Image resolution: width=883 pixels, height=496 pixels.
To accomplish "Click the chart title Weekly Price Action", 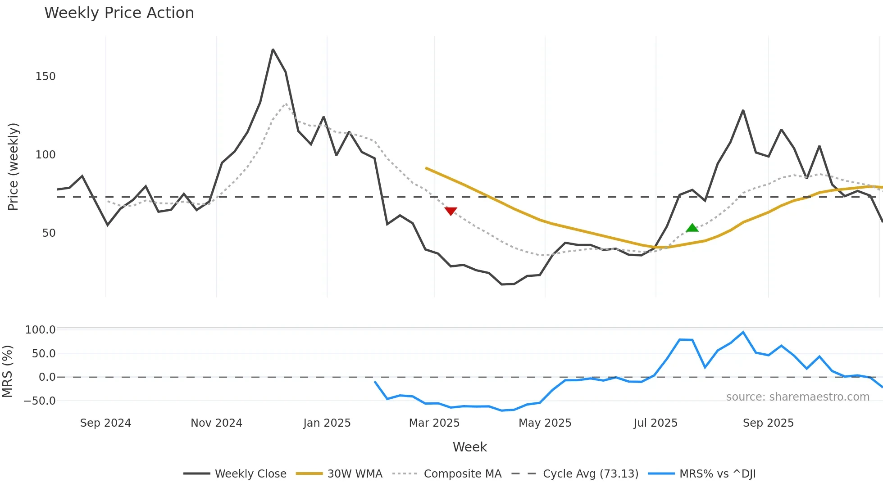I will tap(119, 13).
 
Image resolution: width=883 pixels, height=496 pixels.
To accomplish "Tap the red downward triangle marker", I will tap(451, 211).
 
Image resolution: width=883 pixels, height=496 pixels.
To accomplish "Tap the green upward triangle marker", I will tap(692, 228).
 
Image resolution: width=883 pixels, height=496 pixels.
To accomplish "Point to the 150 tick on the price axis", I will tap(46, 77).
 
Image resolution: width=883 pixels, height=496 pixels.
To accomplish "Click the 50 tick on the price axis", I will tap(49, 233).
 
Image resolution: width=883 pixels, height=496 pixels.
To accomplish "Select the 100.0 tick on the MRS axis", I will tap(40, 330).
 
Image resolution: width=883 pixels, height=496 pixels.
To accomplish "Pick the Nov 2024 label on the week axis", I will tap(216, 423).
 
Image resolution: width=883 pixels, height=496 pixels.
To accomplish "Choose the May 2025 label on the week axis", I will tap(545, 423).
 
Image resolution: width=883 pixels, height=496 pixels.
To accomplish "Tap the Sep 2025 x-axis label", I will tap(768, 423).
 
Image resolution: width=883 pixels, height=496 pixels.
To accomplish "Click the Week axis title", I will tap(469, 447).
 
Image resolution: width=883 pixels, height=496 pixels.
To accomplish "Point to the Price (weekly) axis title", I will tap(13, 167).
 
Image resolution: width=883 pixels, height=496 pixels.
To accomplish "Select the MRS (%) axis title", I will tap(7, 371).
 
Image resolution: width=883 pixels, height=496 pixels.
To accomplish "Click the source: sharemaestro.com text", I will tap(797, 397).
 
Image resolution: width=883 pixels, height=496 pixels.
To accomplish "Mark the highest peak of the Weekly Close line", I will tap(273, 50).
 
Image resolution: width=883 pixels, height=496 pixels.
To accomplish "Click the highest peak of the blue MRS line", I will tap(743, 332).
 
